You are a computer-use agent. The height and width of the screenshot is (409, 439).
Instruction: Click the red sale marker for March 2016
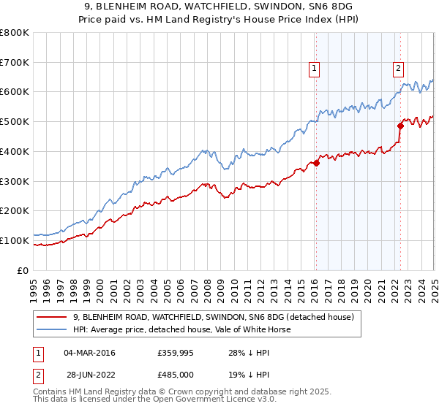click(x=316, y=164)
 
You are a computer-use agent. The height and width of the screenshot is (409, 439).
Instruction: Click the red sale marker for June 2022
click(x=401, y=126)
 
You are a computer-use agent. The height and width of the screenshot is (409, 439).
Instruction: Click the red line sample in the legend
click(x=52, y=317)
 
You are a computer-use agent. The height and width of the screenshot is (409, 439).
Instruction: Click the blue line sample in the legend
click(x=52, y=329)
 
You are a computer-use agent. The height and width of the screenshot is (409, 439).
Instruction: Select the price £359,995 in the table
click(x=174, y=353)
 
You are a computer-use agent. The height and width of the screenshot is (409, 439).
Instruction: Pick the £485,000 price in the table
click(x=174, y=374)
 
